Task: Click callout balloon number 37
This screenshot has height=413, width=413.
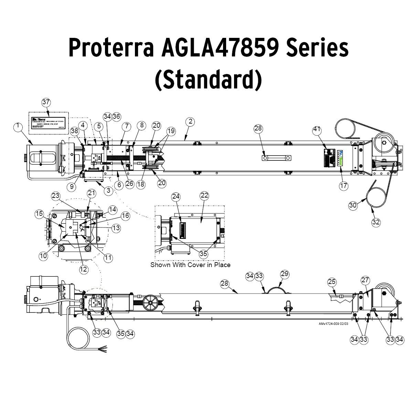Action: coord(46,102)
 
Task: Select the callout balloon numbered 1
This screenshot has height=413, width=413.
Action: coord(18,127)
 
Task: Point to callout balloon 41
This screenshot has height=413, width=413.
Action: coord(317,130)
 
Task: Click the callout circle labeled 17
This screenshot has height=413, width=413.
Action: coord(343,186)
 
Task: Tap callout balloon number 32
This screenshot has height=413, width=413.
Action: coord(376,222)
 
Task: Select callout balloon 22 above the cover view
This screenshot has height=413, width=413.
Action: coord(204,195)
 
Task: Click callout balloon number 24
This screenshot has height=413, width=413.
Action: coord(176,196)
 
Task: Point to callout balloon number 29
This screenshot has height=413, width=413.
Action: coord(285,274)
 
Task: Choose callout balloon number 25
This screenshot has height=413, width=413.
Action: coord(331,282)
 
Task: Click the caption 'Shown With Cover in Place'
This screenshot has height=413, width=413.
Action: coord(190,265)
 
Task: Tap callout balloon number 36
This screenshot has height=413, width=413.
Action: coord(116,116)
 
